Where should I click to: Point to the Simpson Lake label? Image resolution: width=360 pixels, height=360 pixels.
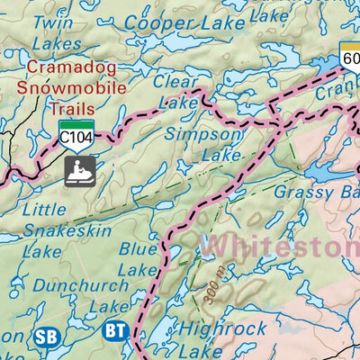pyautogui.click(x=204, y=144)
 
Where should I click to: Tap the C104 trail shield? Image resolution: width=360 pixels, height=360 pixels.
pyautogui.click(x=77, y=133)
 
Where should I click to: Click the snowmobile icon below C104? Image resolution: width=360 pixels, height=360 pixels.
pyautogui.click(x=79, y=167)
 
